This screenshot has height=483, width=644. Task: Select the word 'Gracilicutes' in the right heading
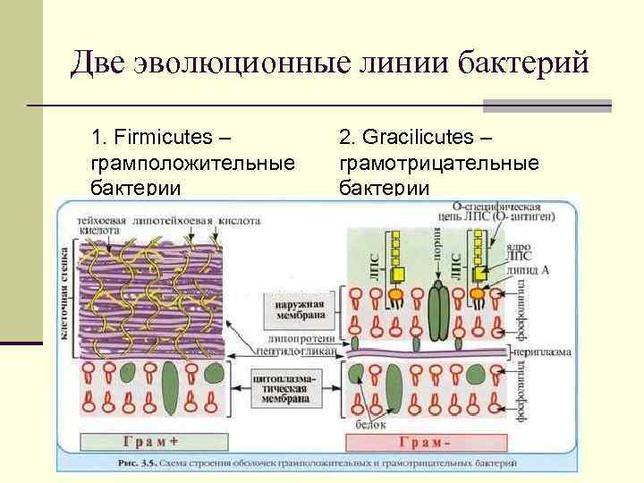tap(416, 139)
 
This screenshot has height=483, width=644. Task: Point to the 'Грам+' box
tap(145, 442)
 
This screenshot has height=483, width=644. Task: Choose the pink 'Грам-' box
tap(423, 442)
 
